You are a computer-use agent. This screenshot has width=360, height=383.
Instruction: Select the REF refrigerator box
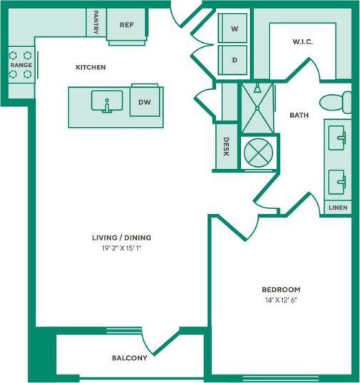point(126,25)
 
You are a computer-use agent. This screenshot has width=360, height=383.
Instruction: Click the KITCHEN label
point(91,68)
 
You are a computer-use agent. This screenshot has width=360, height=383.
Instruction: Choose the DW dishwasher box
point(145,102)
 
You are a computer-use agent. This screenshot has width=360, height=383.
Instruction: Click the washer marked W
point(234,29)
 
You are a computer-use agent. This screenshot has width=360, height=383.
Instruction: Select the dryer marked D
point(234,61)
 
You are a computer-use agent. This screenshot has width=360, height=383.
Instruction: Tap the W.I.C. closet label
point(302,42)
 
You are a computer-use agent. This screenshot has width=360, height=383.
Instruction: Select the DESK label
point(226,147)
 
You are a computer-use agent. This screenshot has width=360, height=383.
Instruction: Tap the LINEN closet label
point(338,208)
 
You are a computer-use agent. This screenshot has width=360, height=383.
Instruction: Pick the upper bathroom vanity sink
point(338,137)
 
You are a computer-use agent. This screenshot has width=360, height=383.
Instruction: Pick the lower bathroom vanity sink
point(338,180)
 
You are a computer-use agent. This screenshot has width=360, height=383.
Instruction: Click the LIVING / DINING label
point(121,238)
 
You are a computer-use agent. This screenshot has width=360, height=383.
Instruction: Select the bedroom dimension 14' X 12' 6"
point(281,300)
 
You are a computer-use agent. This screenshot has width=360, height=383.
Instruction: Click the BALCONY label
point(129,358)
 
